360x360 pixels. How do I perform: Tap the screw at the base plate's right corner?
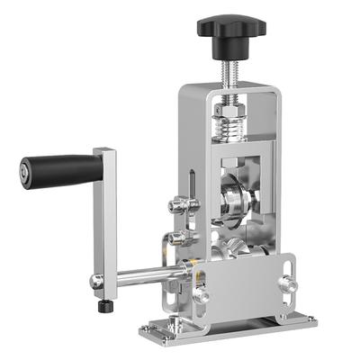[x=309, y=319]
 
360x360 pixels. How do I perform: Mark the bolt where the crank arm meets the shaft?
[x=97, y=282]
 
